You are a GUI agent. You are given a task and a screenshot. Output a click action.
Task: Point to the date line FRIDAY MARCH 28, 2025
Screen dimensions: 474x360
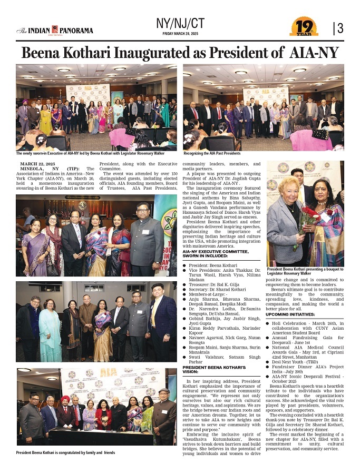(x=180, y=34)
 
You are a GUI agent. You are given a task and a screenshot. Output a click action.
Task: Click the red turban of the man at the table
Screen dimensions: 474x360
(x=65, y=399)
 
